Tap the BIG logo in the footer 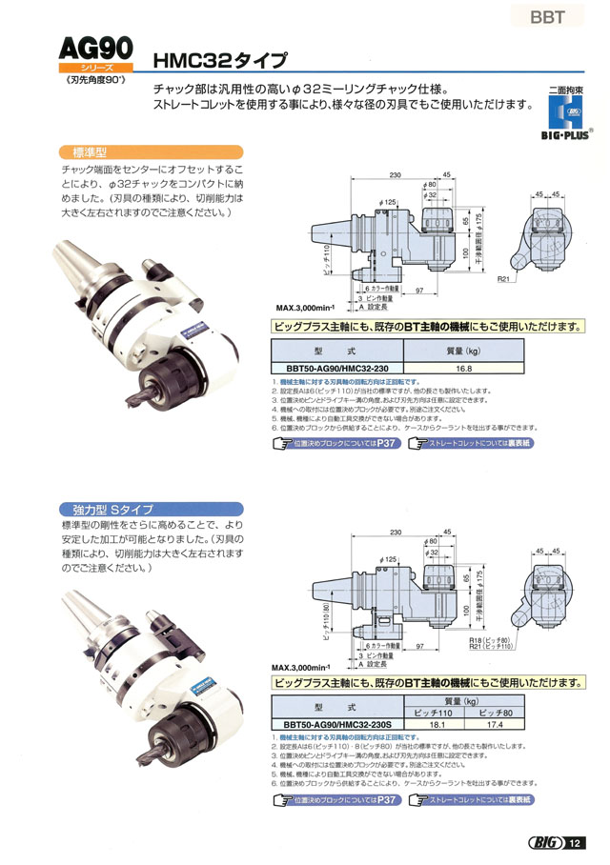[543, 843]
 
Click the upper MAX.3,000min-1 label [305, 308]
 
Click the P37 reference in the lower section [383, 774]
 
